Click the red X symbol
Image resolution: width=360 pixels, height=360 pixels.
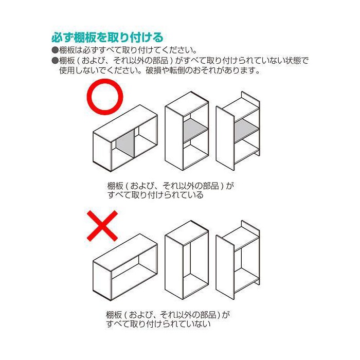tap(102, 226)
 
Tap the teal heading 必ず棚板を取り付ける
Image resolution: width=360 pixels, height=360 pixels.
tap(107, 38)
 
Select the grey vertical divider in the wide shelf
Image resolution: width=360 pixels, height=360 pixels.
tap(124, 145)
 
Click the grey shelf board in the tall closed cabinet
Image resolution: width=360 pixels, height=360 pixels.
tap(195, 131)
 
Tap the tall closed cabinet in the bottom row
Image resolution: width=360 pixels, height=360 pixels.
tap(187, 260)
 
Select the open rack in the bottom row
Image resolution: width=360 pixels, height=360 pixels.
tap(238, 260)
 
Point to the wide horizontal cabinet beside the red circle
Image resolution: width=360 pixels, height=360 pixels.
tap(125, 138)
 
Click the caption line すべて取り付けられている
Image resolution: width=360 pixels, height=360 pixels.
tap(155, 195)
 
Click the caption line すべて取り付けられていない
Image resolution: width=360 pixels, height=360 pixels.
tap(158, 323)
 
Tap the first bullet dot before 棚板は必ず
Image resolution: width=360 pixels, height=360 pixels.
tap(55, 50)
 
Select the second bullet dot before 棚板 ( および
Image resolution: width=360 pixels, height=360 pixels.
tap(55, 60)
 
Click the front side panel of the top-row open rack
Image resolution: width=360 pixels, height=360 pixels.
tap(225, 138)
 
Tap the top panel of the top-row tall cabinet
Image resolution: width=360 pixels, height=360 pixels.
tap(187, 100)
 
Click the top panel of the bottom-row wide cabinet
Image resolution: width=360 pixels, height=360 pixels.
tap(125, 248)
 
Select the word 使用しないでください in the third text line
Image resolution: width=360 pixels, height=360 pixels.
tap(100, 70)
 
